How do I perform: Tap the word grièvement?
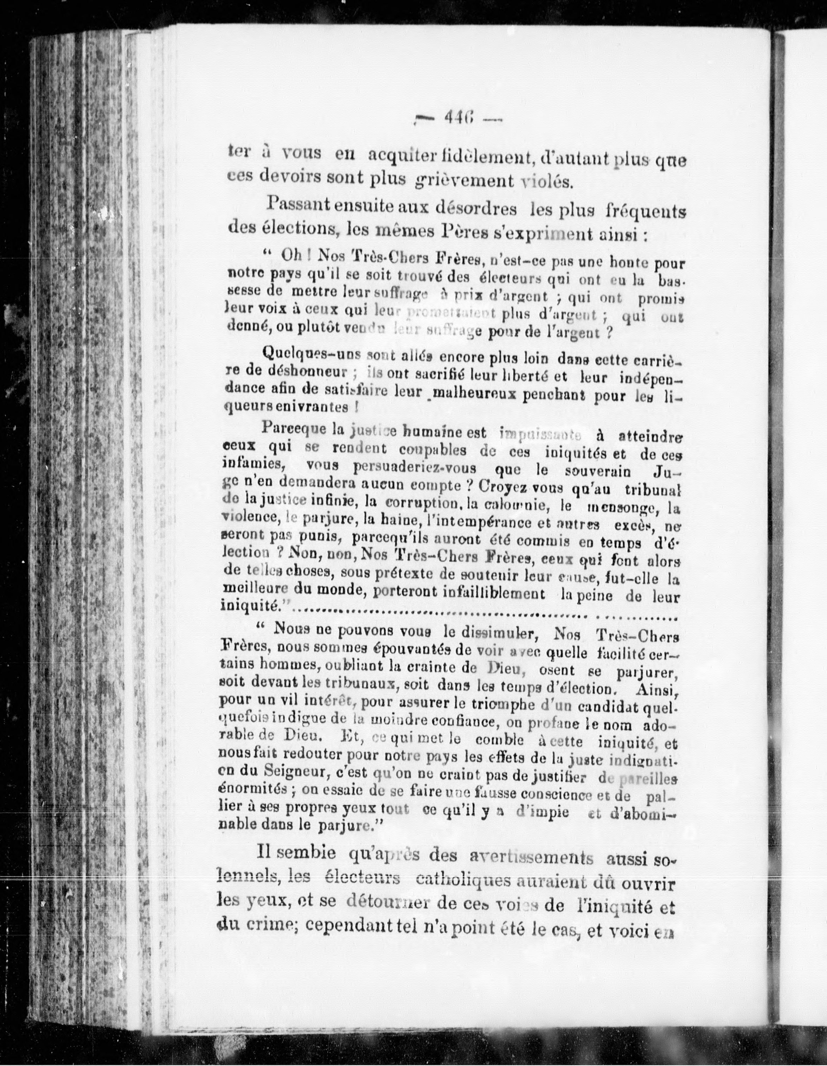(x=464, y=181)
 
